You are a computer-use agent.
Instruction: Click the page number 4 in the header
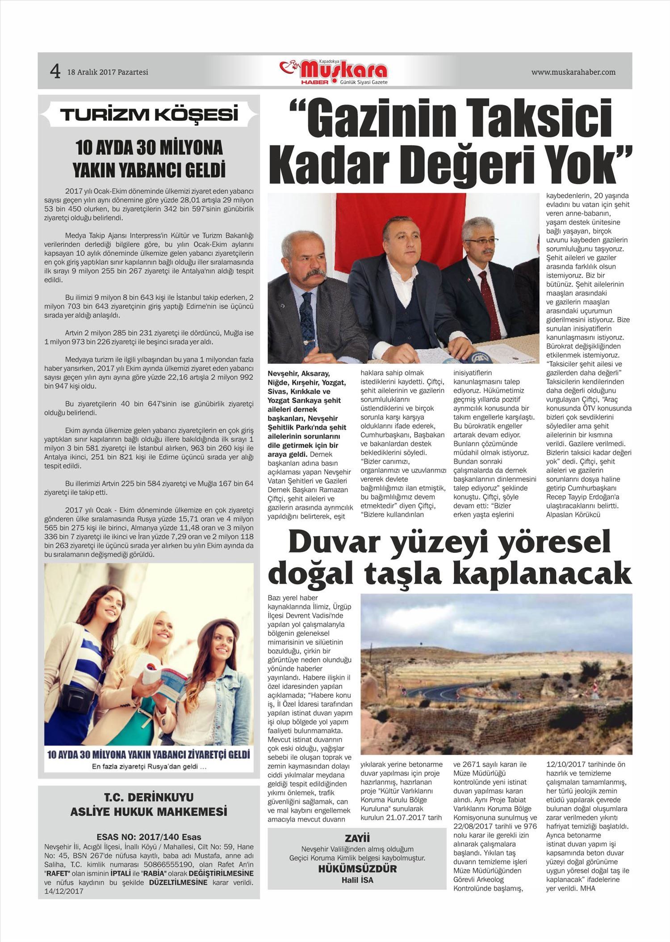[x=55, y=71]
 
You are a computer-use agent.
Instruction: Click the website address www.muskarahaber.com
[x=573, y=72]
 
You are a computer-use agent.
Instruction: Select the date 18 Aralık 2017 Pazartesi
[x=108, y=72]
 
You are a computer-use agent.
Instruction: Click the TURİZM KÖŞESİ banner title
[x=149, y=115]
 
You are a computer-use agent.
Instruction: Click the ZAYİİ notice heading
[x=357, y=838]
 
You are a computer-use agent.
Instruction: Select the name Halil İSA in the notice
[x=357, y=880]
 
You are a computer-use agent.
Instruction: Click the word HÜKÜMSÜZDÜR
[x=357, y=869]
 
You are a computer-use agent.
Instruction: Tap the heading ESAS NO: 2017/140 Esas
[x=149, y=837]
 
